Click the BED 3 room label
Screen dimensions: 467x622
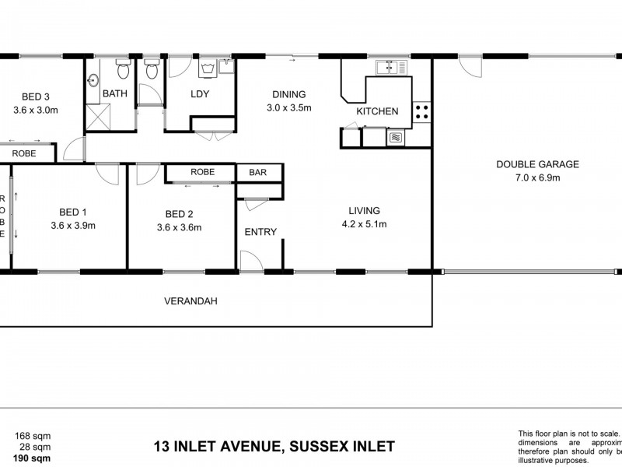pyautogui.click(x=37, y=97)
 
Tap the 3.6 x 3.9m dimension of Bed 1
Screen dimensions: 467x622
pyautogui.click(x=72, y=226)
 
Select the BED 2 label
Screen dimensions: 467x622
pyautogui.click(x=180, y=214)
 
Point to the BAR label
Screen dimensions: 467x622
pyautogui.click(x=254, y=172)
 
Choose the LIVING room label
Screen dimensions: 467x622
pyautogui.click(x=364, y=210)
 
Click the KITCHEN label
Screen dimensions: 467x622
pyautogui.click(x=377, y=111)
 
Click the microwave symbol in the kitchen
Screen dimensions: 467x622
pyautogui.click(x=396, y=138)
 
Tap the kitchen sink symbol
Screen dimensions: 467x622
pyautogui.click(x=385, y=67)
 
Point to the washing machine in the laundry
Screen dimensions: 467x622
pyautogui.click(x=208, y=69)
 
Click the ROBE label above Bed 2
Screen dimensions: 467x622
pyautogui.click(x=202, y=172)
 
